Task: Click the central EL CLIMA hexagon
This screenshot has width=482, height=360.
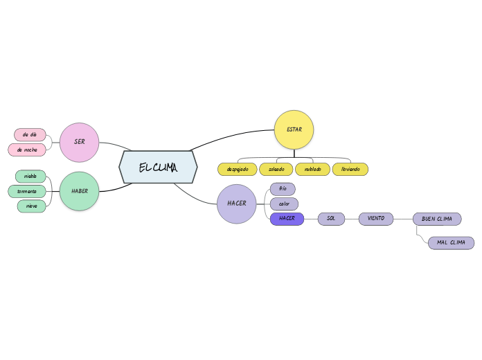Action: [x=158, y=168]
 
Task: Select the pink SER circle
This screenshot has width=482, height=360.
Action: [x=80, y=142]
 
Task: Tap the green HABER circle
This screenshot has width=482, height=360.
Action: [x=80, y=191]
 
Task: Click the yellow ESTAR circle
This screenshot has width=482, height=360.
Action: [x=294, y=129]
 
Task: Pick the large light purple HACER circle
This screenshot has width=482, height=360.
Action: [x=237, y=204]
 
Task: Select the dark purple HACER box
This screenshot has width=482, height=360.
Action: [x=287, y=219]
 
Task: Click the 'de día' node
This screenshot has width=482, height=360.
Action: [x=30, y=134]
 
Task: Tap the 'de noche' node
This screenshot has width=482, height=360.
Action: [x=28, y=150]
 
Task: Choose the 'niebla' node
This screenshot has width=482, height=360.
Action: [x=30, y=176]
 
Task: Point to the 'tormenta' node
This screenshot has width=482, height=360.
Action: [x=27, y=191]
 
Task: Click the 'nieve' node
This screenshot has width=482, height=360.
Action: [x=32, y=206]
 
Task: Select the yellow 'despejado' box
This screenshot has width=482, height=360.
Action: [x=237, y=169]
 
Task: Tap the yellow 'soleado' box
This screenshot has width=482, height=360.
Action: [x=276, y=169]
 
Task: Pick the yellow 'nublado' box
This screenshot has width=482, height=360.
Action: [x=312, y=169]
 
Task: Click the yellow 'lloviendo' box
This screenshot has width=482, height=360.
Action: [x=350, y=169]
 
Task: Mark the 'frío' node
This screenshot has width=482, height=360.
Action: [x=283, y=189]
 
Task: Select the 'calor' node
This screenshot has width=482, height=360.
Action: [x=284, y=204]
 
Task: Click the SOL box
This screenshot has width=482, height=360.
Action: [x=331, y=219]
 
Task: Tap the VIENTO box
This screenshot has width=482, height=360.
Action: [x=376, y=219]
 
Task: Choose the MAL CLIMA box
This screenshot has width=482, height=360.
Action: [x=451, y=243]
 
